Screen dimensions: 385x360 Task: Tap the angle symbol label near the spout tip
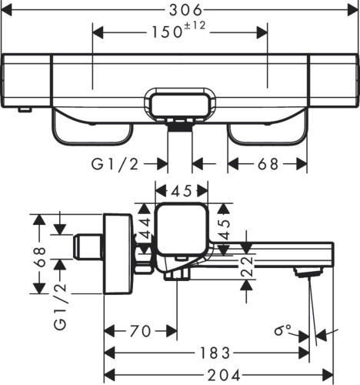click(x=284, y=332)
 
